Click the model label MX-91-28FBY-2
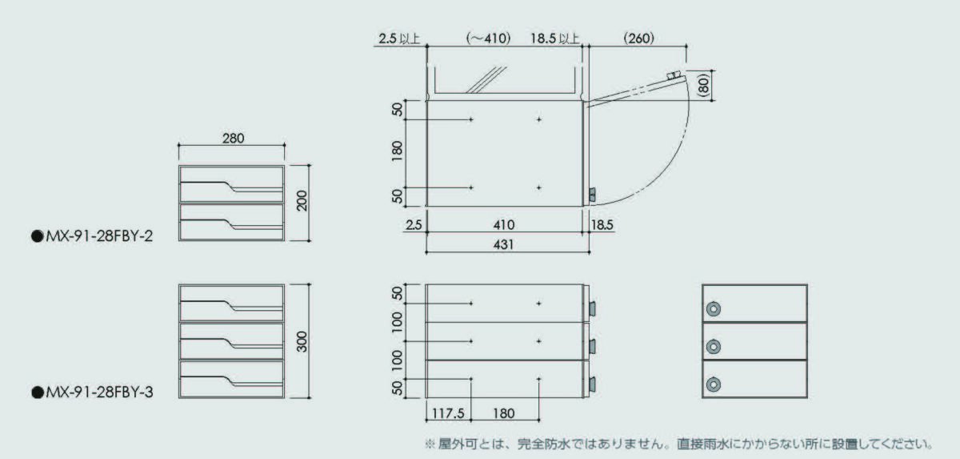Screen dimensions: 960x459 click(99, 236)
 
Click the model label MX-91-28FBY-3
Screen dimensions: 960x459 click(99, 392)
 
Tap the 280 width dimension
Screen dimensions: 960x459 click(233, 138)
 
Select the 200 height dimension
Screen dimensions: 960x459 click(302, 201)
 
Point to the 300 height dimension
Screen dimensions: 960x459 click(302, 341)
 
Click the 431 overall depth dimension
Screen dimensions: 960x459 click(503, 244)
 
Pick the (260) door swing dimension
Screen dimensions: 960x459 click(638, 38)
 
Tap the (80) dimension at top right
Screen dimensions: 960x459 click(704, 85)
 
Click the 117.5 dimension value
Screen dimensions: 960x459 click(448, 413)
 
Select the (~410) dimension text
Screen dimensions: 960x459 click(488, 38)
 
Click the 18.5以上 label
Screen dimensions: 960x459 click(555, 38)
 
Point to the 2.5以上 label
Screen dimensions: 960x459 click(399, 38)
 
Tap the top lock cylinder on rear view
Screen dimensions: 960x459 click(713, 309)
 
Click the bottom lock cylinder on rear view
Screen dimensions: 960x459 click(713, 385)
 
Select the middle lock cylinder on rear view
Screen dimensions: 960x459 click(713, 347)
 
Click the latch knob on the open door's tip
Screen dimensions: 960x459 click(674, 75)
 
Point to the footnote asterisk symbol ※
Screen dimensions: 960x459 click(430, 444)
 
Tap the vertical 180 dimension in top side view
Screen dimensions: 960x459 click(398, 151)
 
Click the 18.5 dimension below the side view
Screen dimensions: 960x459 click(602, 225)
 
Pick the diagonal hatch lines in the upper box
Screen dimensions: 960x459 click(486, 80)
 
